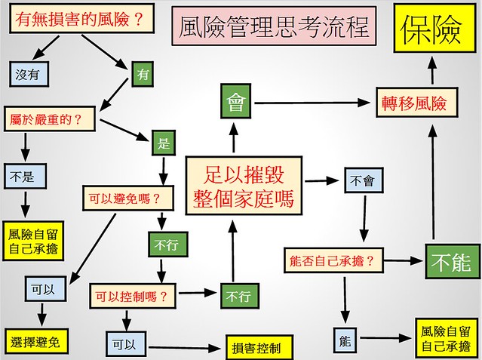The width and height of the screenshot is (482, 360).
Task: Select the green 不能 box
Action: point(451,261)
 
